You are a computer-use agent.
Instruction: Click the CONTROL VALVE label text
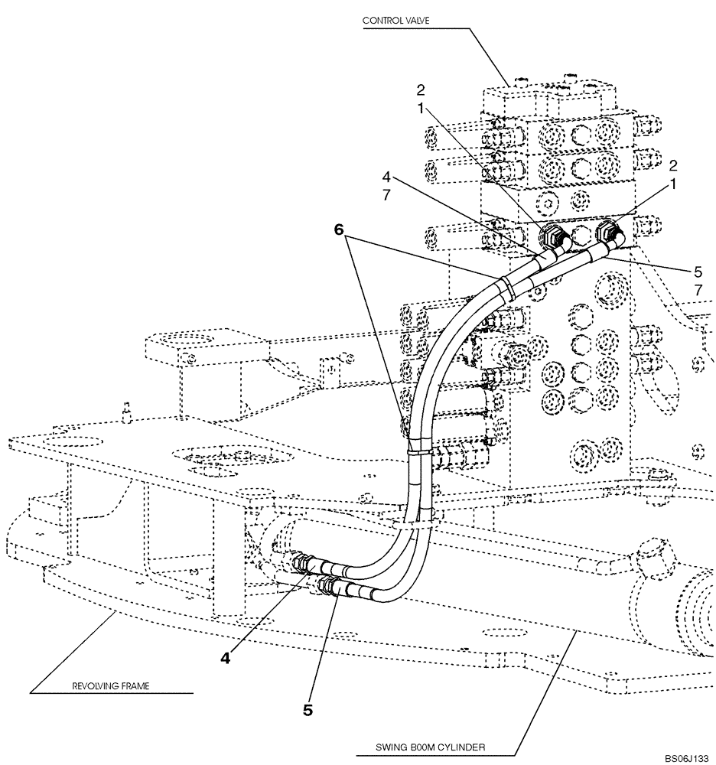[x=397, y=21]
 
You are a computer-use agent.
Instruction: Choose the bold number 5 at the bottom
[x=308, y=710]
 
